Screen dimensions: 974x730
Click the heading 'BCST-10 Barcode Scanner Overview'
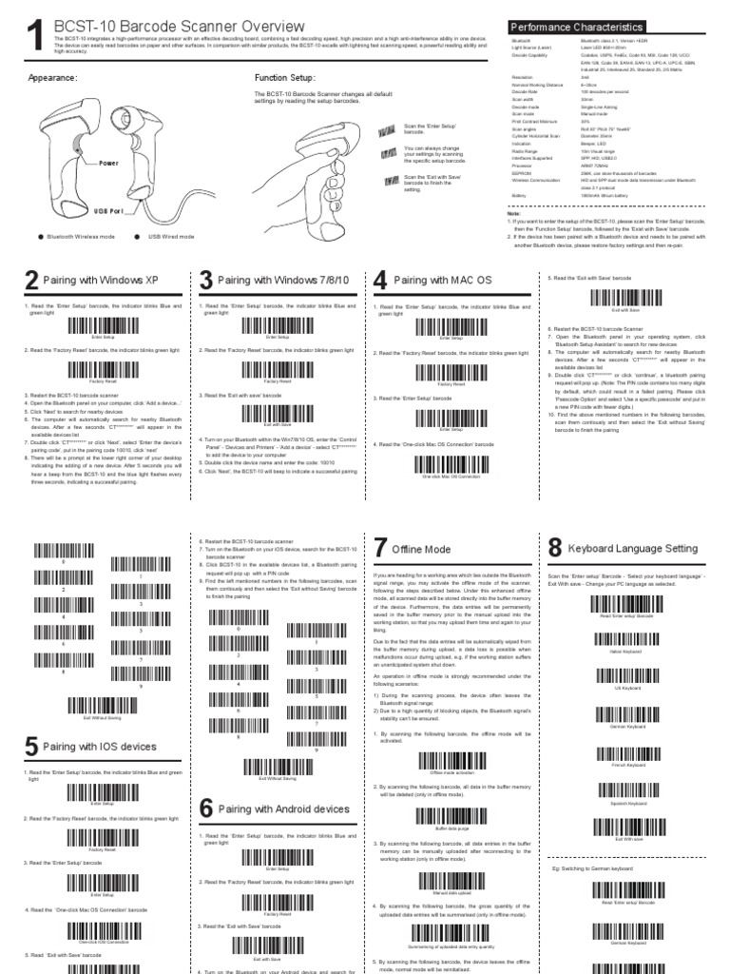[x=180, y=26]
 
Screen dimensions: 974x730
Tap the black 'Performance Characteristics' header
[x=577, y=28]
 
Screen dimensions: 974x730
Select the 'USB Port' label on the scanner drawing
[x=108, y=210]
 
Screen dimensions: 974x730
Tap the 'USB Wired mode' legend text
[x=171, y=237]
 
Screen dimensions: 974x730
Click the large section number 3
[x=206, y=282]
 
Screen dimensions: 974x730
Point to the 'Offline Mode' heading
[x=421, y=550]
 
